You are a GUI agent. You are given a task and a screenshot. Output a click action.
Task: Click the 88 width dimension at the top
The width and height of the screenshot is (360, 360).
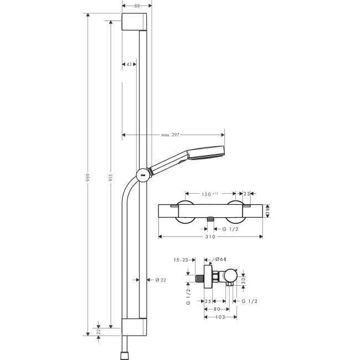point(135,6)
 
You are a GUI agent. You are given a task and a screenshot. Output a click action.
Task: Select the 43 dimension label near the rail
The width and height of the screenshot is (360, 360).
point(128,65)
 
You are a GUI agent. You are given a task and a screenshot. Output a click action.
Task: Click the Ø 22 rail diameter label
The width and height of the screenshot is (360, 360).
point(161,280)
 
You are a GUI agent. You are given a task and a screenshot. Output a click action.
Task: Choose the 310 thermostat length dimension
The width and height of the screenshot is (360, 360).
point(209,236)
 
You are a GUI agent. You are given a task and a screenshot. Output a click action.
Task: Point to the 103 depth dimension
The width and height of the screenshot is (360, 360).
point(220,317)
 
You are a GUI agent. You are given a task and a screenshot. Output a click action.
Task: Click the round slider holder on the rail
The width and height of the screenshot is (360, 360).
point(142,174)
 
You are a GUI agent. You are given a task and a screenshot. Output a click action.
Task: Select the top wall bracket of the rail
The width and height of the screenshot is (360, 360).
point(135,23)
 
